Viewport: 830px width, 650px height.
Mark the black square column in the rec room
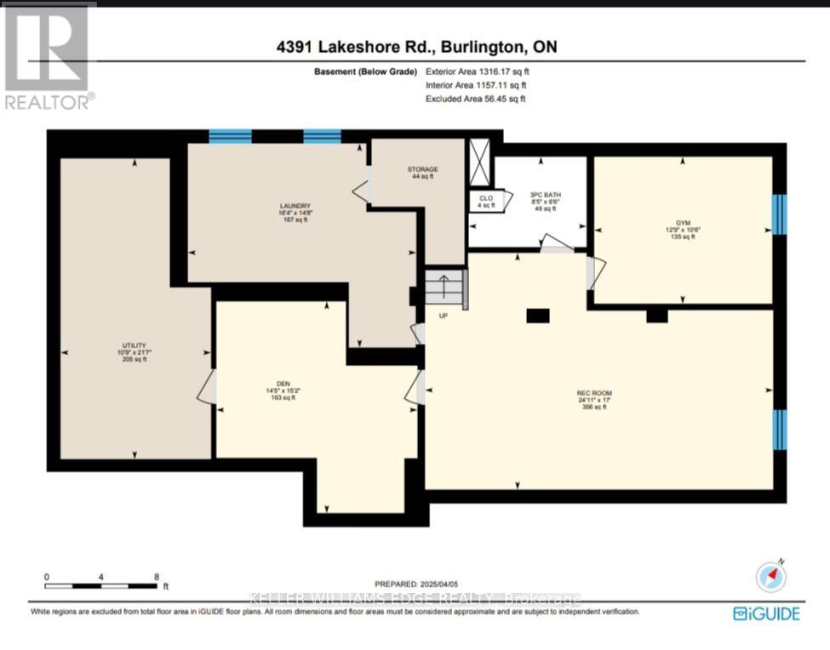click(537, 316)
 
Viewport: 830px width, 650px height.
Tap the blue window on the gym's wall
click(778, 214)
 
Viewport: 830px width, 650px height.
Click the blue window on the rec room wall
click(778, 429)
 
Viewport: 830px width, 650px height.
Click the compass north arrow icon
click(771, 577)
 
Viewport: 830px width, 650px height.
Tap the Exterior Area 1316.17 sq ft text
click(475, 72)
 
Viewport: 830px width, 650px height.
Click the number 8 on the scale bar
click(157, 576)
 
